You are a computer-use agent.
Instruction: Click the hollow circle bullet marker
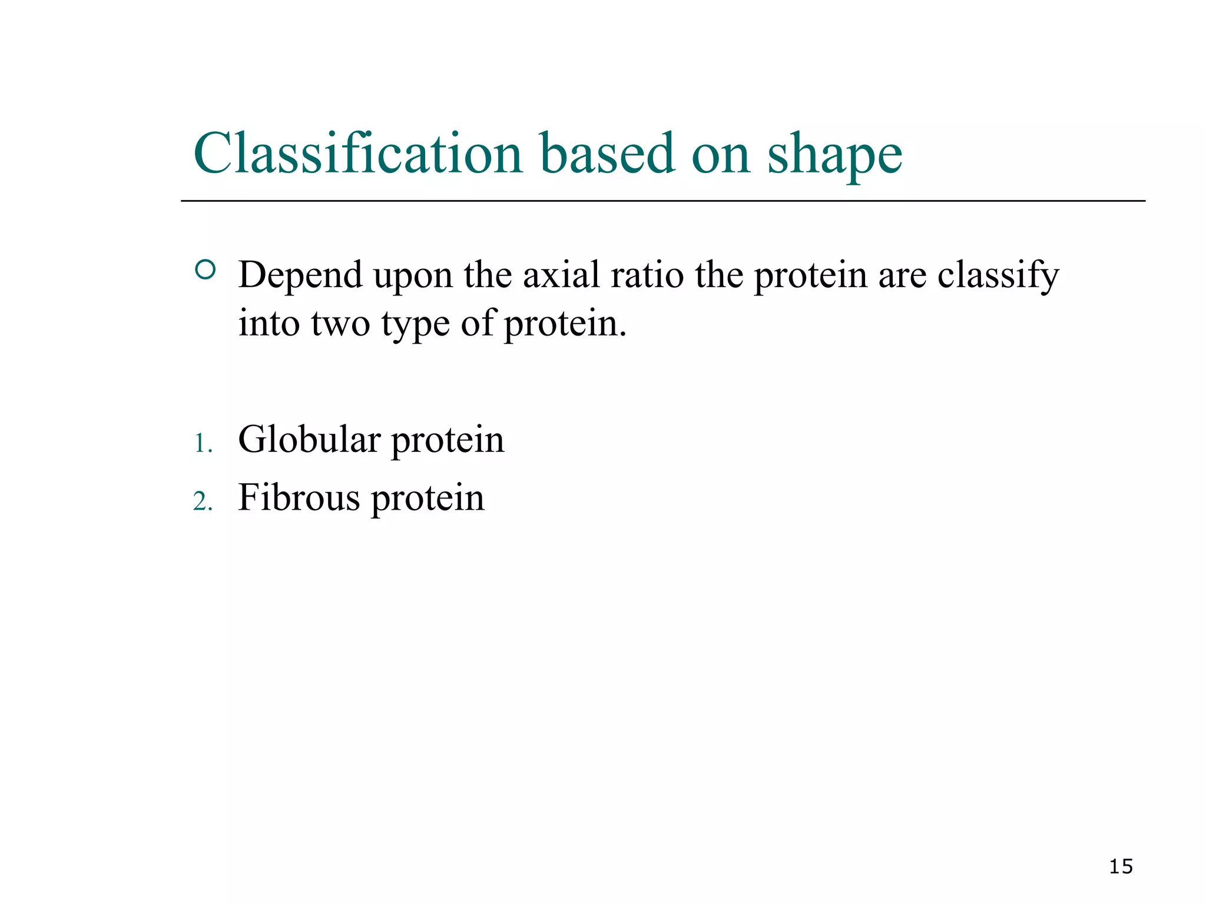tap(205, 270)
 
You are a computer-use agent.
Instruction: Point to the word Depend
tap(300, 275)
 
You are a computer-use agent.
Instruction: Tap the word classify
tap(998, 275)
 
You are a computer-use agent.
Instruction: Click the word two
tap(340, 323)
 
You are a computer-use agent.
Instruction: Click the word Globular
tap(309, 439)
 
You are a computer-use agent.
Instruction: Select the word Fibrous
tap(299, 497)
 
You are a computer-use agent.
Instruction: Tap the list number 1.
tap(202, 444)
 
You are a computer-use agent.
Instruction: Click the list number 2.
tap(202, 502)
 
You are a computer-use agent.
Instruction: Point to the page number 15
tap(1121, 866)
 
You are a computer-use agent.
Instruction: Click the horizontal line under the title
tap(662, 201)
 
